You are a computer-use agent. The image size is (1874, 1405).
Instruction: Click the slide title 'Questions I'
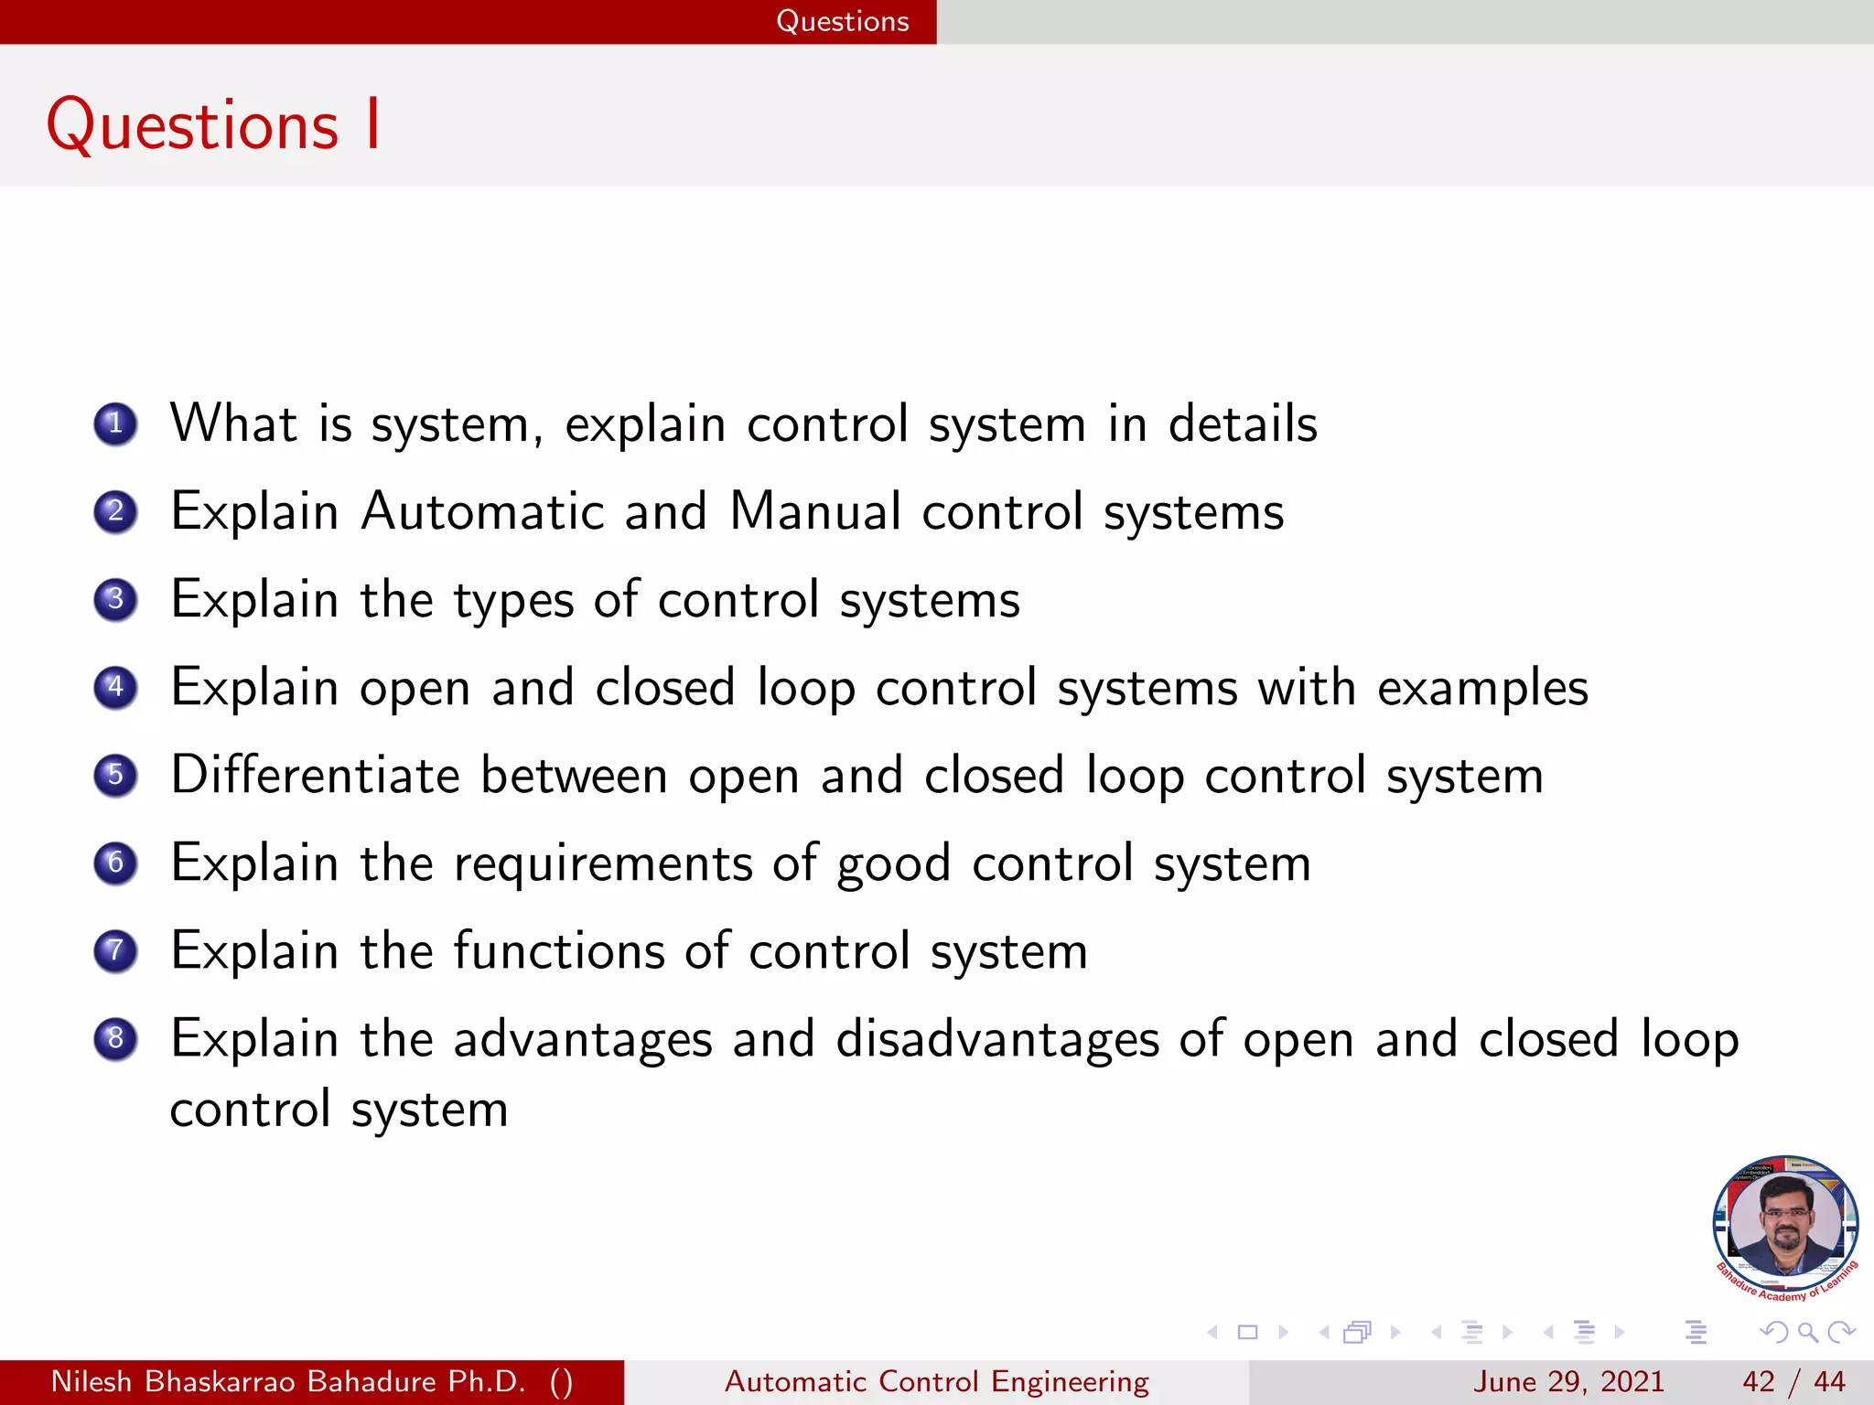pos(212,125)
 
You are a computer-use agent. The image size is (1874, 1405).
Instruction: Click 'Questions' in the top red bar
pos(842,21)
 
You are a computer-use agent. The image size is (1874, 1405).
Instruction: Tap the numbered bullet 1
pos(115,424)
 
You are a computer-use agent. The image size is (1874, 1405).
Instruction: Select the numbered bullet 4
pos(115,688)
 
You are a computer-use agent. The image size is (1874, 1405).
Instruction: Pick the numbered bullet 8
pos(115,1039)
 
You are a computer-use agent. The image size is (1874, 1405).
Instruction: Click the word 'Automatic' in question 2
pos(482,511)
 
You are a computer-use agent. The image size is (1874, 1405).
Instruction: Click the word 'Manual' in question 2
pos(815,511)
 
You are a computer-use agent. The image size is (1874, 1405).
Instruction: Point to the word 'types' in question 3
pos(513,601)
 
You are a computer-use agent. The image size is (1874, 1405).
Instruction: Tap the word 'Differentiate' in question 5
pos(315,776)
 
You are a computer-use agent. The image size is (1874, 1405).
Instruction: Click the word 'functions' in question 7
pos(558,951)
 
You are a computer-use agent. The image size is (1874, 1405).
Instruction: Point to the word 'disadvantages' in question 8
pos(997,1040)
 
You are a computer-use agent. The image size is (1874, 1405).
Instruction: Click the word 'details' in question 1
pos(1243,424)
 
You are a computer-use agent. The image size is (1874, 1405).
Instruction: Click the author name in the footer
pos(288,1381)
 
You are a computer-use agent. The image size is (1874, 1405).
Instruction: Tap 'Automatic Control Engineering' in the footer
pos(936,1381)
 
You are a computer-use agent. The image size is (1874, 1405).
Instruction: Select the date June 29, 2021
pos(1567,1381)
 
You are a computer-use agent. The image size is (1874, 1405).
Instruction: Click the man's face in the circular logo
pos(1784,1221)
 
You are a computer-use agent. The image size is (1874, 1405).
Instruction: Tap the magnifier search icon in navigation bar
pos(1807,1333)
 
